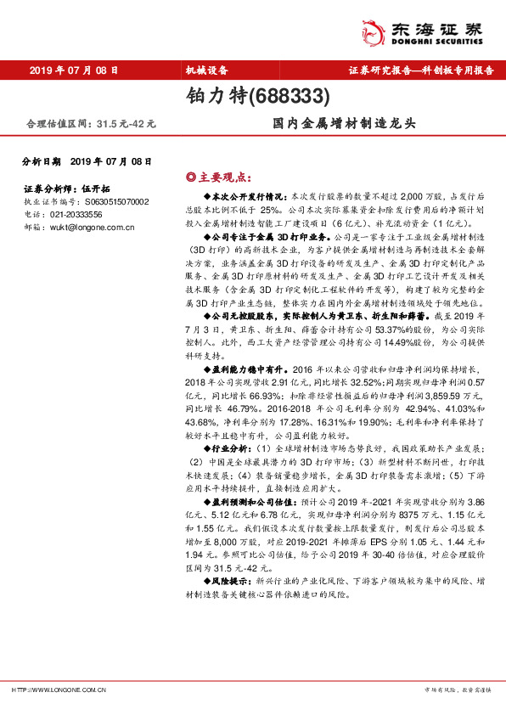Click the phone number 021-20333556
tap(75, 215)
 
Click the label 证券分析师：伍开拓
tap(61, 189)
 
